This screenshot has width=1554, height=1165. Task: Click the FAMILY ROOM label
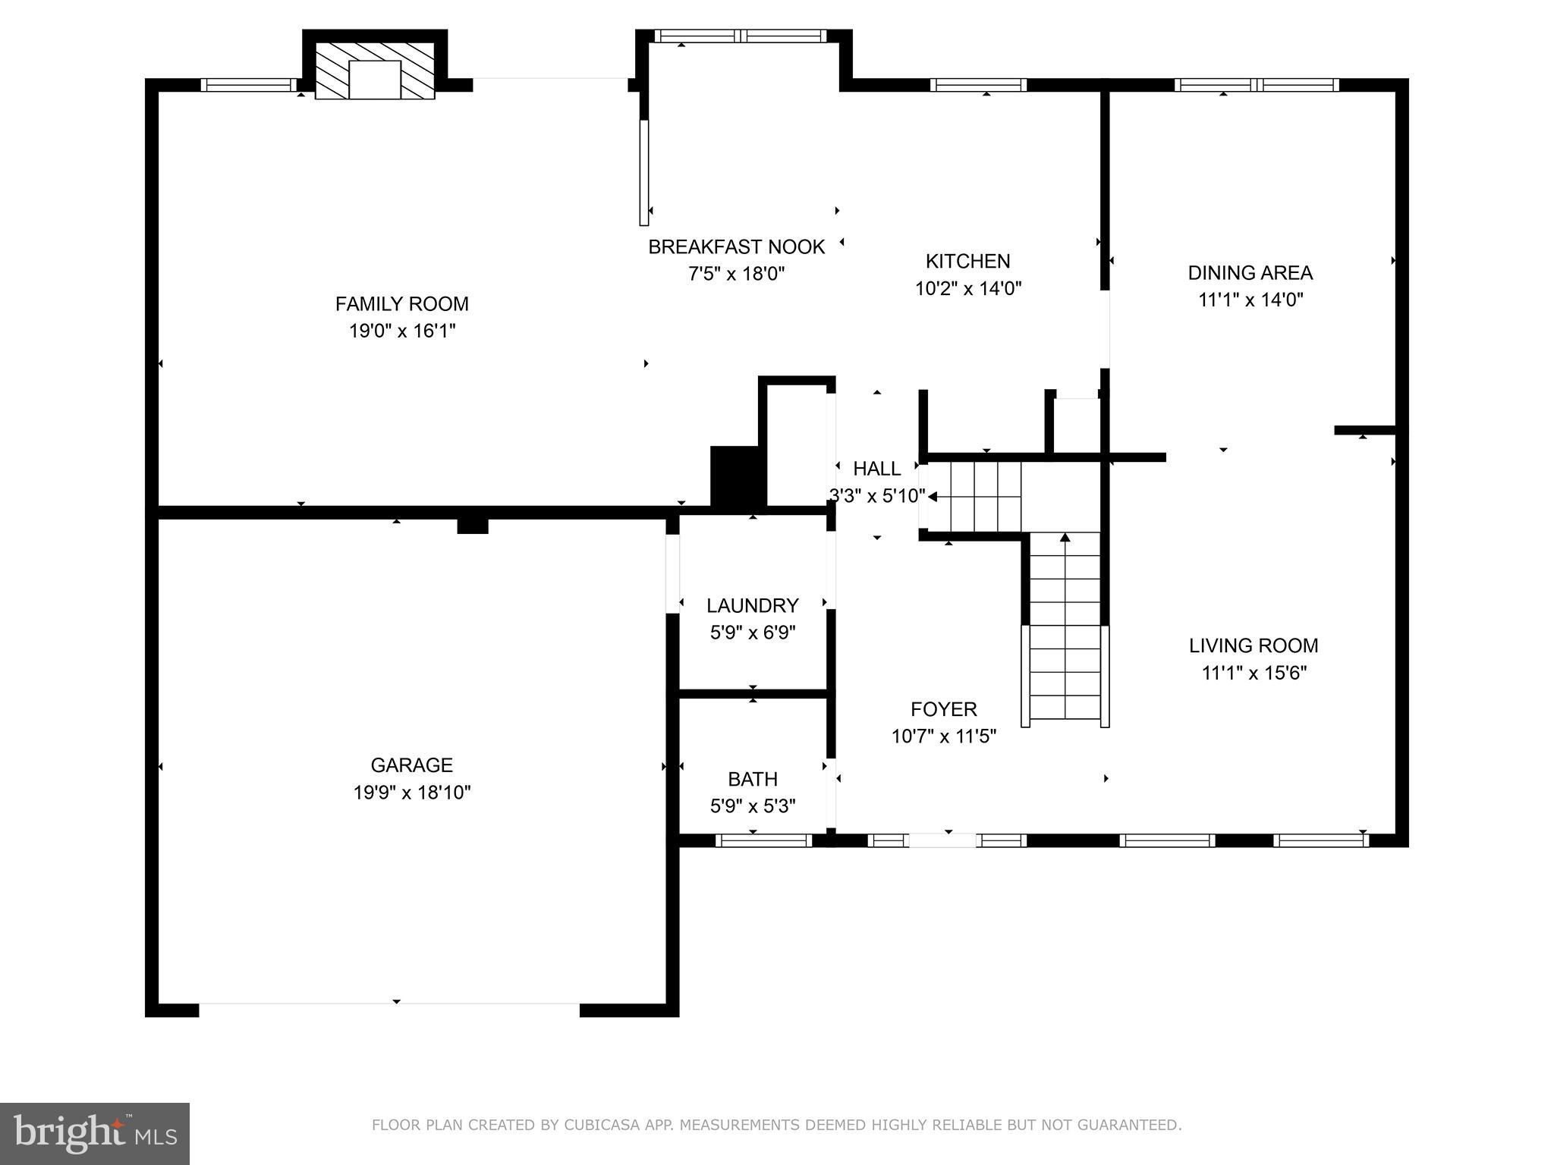(401, 304)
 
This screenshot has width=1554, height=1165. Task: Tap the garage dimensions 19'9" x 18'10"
(411, 793)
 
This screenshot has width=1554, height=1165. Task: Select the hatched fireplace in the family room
(375, 71)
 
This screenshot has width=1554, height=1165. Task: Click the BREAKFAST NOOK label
(736, 247)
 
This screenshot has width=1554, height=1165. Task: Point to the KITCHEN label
(967, 262)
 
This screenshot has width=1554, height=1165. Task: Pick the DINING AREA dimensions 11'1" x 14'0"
(1250, 300)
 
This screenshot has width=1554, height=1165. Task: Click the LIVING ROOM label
(1253, 645)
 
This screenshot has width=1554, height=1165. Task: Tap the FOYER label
(943, 709)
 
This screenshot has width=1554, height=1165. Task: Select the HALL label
(876, 469)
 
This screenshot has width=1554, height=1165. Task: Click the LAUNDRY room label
(752, 605)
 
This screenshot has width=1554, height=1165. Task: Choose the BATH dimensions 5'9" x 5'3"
(752, 806)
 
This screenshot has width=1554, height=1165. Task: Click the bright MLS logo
(95, 1133)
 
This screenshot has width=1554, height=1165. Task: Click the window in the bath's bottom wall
(763, 840)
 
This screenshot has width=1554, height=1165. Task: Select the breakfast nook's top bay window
(740, 36)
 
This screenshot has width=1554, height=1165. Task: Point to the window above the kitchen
(978, 85)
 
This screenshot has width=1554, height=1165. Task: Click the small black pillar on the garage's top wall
(472, 526)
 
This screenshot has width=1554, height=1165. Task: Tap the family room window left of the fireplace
(248, 85)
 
